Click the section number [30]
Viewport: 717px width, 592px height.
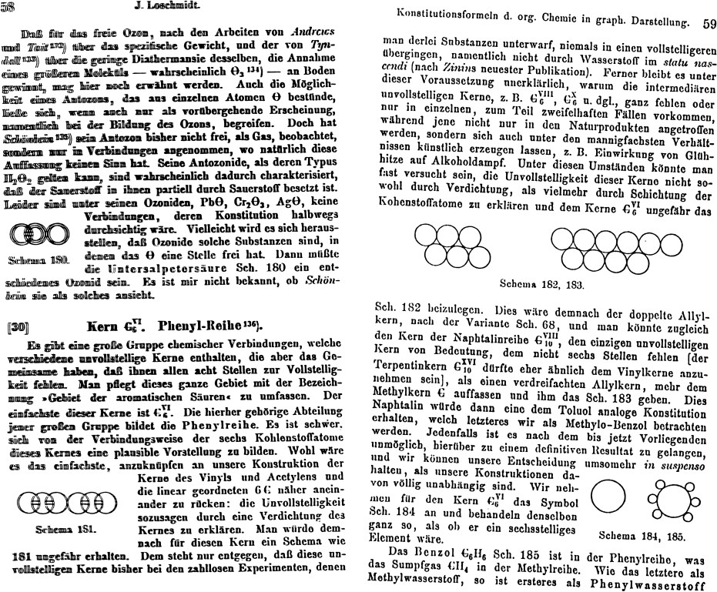click(x=16, y=327)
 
